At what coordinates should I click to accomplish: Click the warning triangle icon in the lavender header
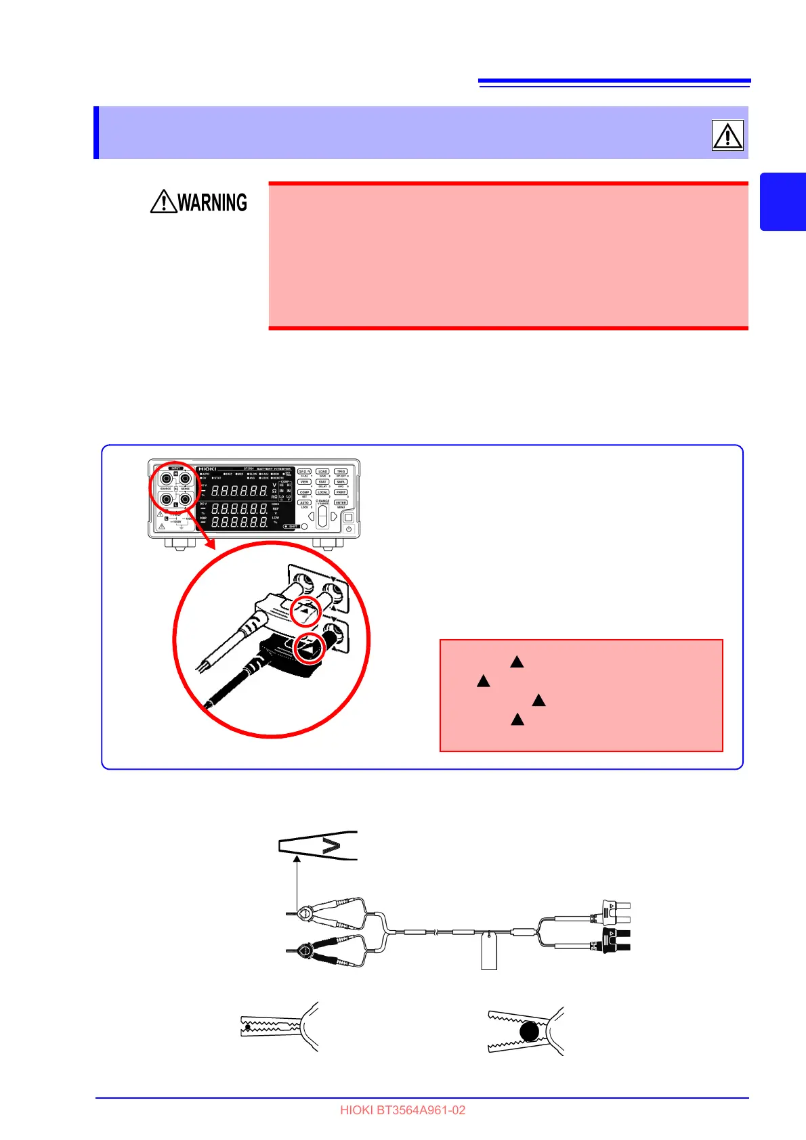click(x=727, y=135)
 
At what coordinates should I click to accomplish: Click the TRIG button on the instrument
click(x=341, y=471)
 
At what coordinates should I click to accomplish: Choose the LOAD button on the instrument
click(x=322, y=471)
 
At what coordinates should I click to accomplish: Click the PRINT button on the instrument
click(x=341, y=492)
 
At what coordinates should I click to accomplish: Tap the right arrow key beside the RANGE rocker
click(x=334, y=517)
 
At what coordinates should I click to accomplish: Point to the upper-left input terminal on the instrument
click(x=166, y=478)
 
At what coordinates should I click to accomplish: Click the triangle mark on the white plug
click(x=305, y=612)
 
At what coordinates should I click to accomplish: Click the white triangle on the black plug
click(x=310, y=647)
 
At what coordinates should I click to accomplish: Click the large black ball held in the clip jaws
click(x=529, y=1032)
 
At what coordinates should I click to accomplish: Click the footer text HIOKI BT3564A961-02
click(x=402, y=1110)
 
